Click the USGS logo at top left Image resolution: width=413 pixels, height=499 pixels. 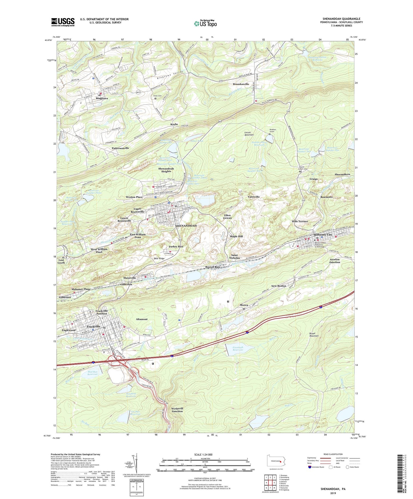(x=63, y=22)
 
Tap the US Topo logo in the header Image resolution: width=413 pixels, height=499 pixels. (x=205, y=23)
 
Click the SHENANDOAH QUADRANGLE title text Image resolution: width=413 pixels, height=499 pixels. (x=341, y=19)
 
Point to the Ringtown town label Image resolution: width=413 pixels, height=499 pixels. (x=102, y=98)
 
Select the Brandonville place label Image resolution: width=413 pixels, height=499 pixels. (x=241, y=84)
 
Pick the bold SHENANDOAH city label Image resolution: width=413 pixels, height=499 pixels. (x=186, y=226)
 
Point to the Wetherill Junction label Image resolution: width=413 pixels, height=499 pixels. (x=177, y=410)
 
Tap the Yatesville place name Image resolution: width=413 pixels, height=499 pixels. (x=254, y=197)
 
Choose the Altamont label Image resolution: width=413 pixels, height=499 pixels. (x=142, y=319)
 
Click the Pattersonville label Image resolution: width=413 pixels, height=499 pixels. (x=120, y=148)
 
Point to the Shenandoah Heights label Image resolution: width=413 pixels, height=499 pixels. (x=166, y=170)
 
